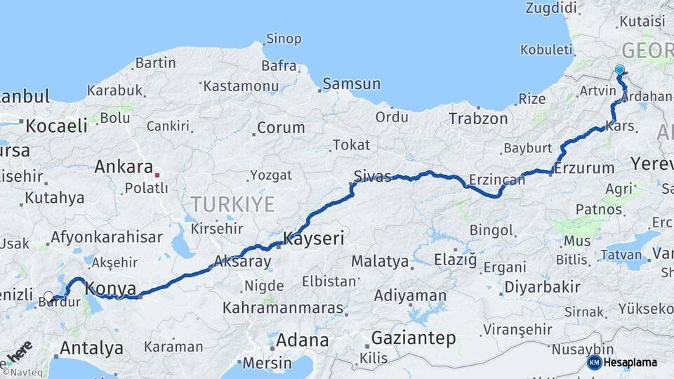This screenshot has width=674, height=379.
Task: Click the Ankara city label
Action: tap(124, 167)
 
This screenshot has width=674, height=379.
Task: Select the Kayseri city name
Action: tap(313, 239)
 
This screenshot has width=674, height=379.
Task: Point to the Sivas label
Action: tap(373, 177)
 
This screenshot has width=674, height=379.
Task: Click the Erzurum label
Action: tap(584, 168)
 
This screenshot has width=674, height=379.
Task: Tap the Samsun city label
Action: tap(352, 84)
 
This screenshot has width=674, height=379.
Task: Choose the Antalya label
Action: tap(91, 348)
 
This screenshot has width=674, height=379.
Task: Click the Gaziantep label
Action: tap(413, 338)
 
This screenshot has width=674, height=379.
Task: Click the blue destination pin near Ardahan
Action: tap(620, 70)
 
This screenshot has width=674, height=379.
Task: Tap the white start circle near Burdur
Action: tap(48, 297)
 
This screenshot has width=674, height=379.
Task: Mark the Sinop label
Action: tap(284, 39)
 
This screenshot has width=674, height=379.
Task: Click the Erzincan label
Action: tap(496, 180)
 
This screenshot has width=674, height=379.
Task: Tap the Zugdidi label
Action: tap(551, 8)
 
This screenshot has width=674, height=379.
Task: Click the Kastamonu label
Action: tap(242, 86)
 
